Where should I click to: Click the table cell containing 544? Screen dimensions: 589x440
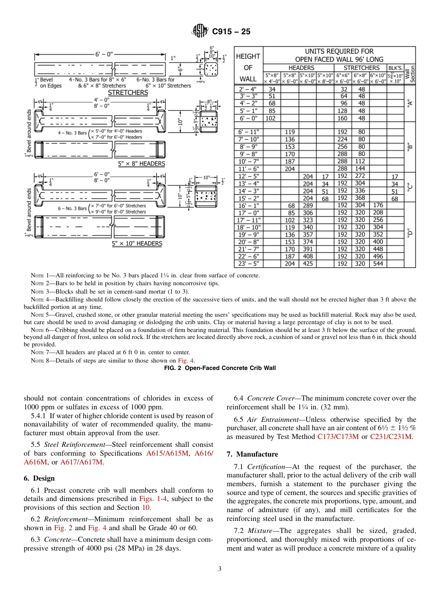378,264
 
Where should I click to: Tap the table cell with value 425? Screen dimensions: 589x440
307,264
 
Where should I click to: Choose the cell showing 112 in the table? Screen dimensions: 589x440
360,162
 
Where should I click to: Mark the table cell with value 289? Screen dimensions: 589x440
307,206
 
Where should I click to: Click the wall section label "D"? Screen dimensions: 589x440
409,235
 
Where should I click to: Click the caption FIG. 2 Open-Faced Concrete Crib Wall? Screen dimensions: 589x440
220,368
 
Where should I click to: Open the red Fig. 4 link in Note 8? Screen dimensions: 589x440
187,361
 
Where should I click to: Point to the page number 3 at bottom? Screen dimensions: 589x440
220,569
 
